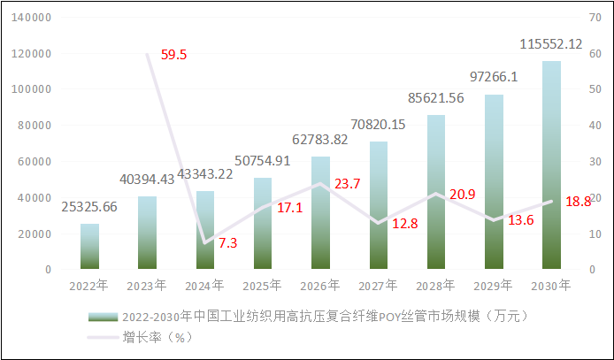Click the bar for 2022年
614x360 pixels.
(x=90, y=246)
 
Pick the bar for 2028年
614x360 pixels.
(x=435, y=192)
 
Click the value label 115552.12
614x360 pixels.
(x=550, y=43)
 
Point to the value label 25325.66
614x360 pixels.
(x=90, y=207)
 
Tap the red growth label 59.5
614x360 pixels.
(x=173, y=55)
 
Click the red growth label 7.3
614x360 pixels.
(x=226, y=241)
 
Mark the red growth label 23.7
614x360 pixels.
(x=347, y=184)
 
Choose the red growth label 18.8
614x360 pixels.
(x=578, y=202)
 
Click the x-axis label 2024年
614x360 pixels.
(x=205, y=285)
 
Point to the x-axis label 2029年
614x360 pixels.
(x=493, y=285)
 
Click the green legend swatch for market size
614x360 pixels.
(x=104, y=317)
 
